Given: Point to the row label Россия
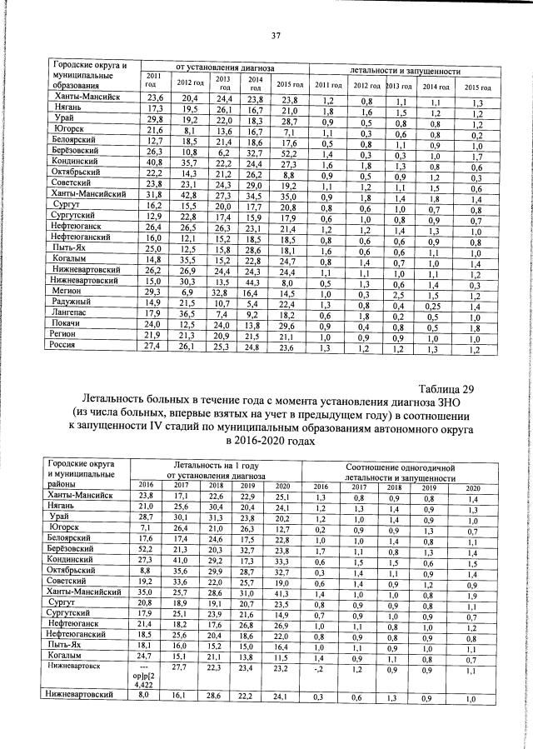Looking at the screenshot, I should coord(69,346).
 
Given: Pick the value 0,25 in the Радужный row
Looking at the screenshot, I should coord(432,307).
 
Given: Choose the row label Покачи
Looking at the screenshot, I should coord(70,320).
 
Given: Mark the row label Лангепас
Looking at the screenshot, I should coord(73,307).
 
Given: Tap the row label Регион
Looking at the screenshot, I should coord(69,332).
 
